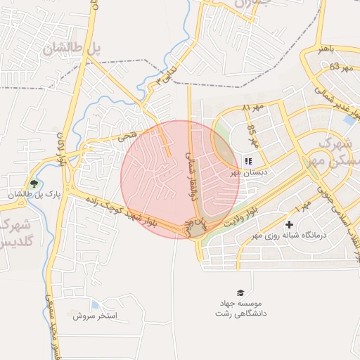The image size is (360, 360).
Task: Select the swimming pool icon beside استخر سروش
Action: (x=94, y=304)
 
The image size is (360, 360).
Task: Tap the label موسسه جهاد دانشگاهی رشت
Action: (x=240, y=307)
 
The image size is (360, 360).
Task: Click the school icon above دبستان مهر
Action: (x=247, y=161)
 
